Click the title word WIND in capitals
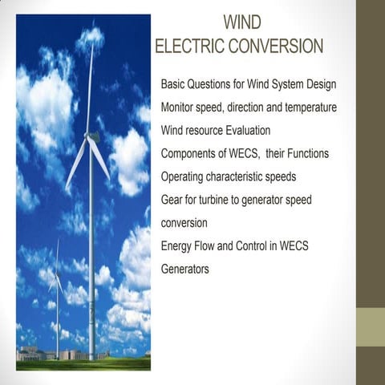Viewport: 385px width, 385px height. pos(241,21)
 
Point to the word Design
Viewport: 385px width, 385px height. pos(318,84)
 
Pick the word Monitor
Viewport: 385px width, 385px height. pos(180,107)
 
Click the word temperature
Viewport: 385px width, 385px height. pos(308,107)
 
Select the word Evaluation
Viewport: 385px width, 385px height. pos(242,130)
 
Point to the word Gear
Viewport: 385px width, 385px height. pos(173,200)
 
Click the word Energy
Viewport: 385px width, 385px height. pos(177,246)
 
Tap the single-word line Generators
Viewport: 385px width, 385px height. pos(185,269)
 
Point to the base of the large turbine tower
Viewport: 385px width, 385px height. pos(92,355)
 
